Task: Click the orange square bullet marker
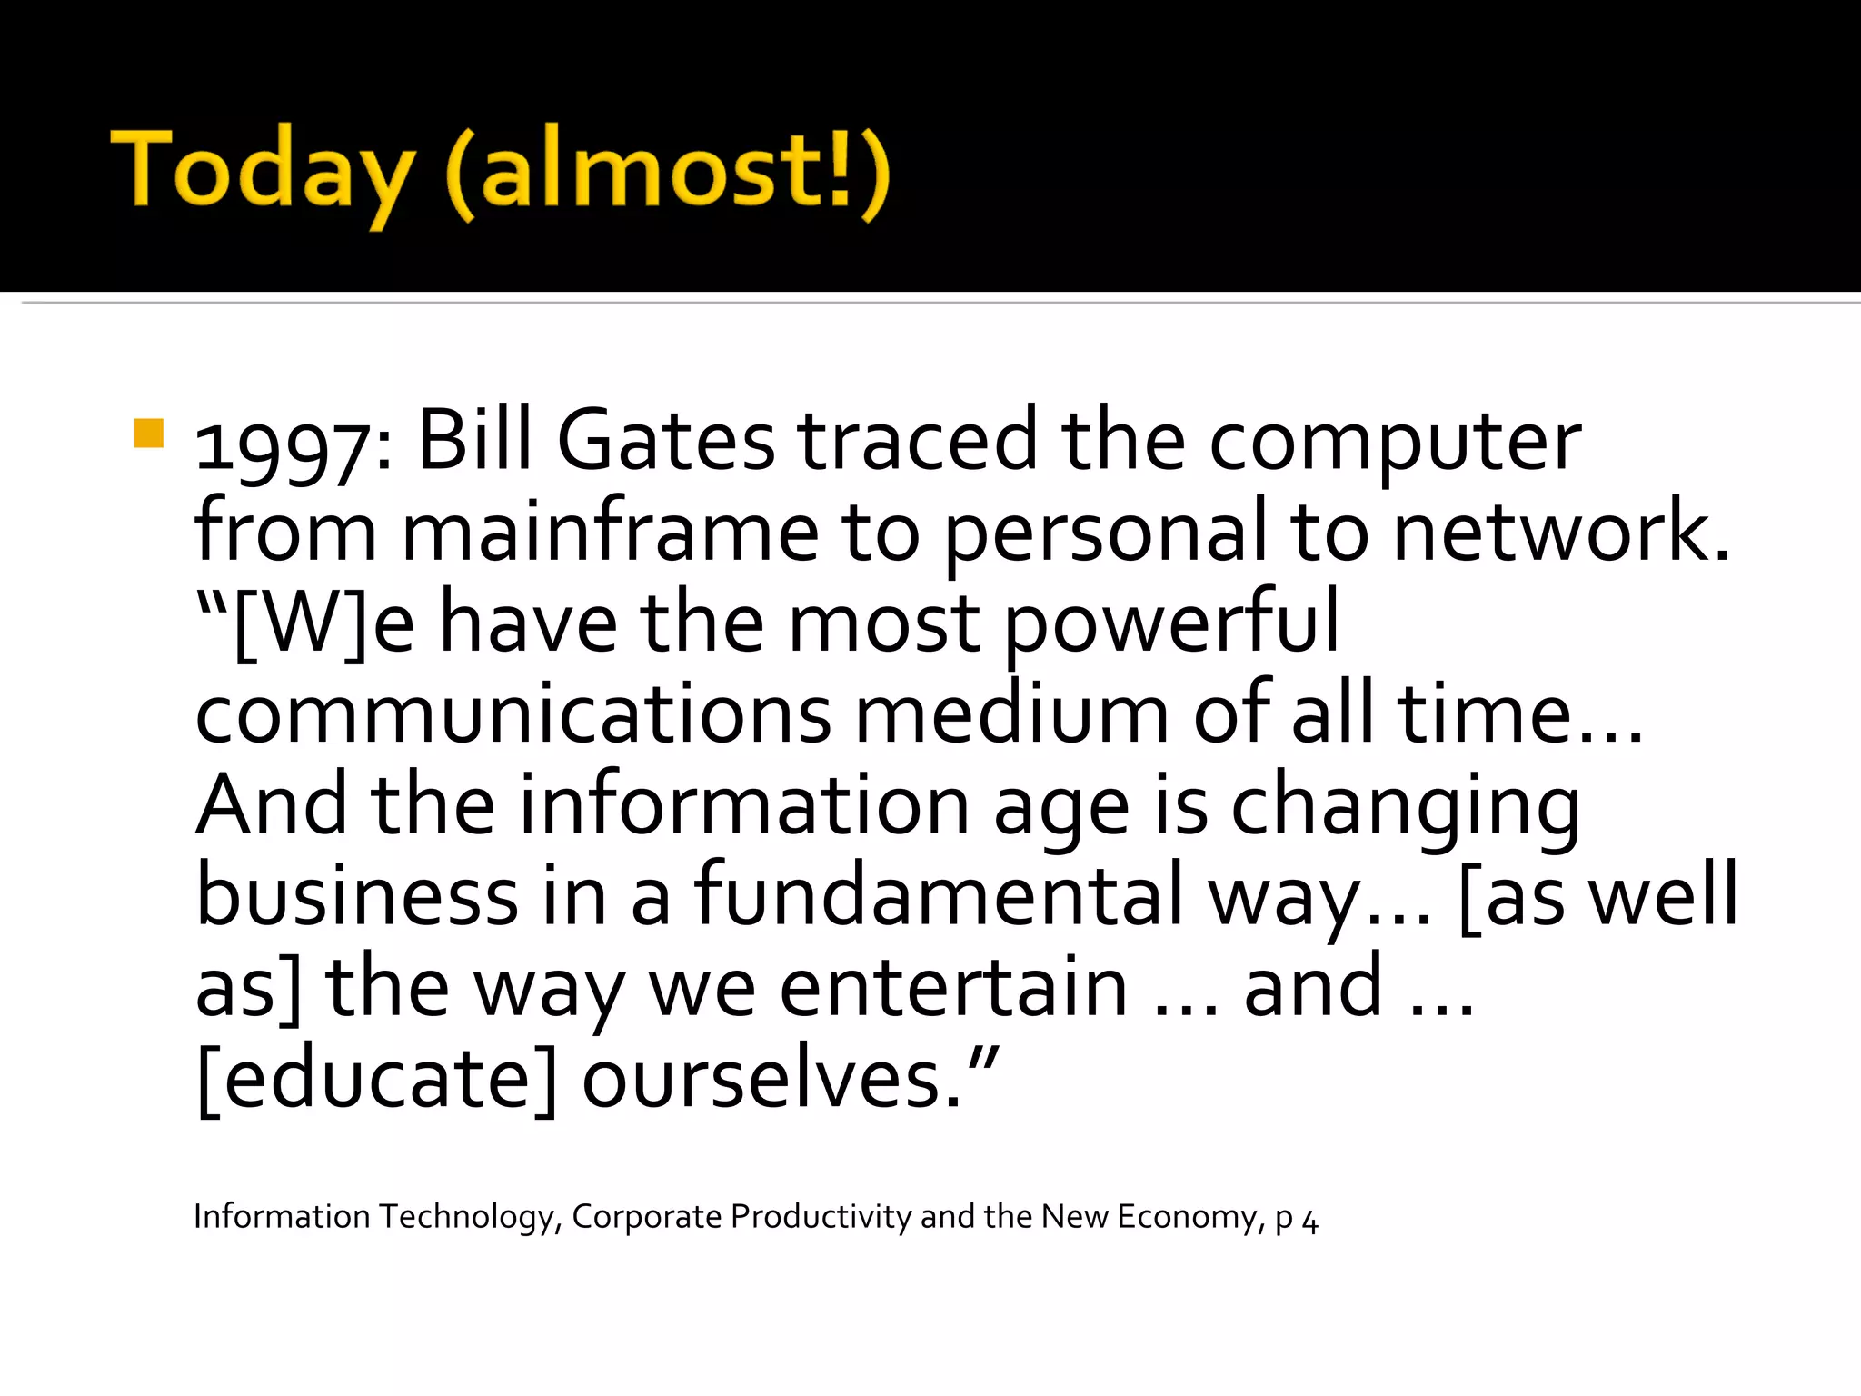coord(148,434)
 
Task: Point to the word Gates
coord(665,441)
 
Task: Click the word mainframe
coord(610,533)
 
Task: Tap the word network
coord(1561,533)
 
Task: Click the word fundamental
coord(939,896)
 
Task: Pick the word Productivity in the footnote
coord(821,1217)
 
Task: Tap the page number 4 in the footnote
coord(1309,1221)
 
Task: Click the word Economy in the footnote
coord(1190,1217)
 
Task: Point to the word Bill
coord(474,441)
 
